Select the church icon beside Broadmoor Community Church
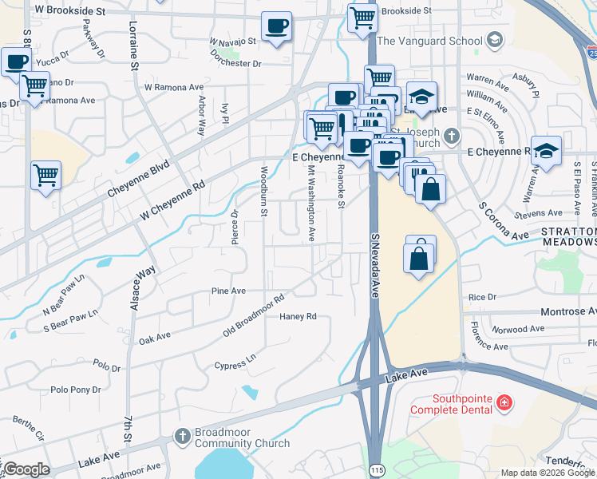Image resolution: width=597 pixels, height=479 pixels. click(x=182, y=437)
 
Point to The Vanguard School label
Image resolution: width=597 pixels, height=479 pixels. click(x=430, y=41)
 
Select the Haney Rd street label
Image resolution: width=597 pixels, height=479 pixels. click(x=298, y=316)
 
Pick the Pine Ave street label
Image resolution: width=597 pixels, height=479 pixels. click(x=228, y=291)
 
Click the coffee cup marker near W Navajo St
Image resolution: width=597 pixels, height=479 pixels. click(x=276, y=26)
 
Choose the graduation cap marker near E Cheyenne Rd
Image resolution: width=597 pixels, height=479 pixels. click(x=546, y=150)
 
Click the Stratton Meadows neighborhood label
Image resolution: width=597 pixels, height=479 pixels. click(x=569, y=236)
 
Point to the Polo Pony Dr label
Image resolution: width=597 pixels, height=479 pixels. click(x=76, y=390)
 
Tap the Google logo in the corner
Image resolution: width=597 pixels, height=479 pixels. click(x=26, y=469)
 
